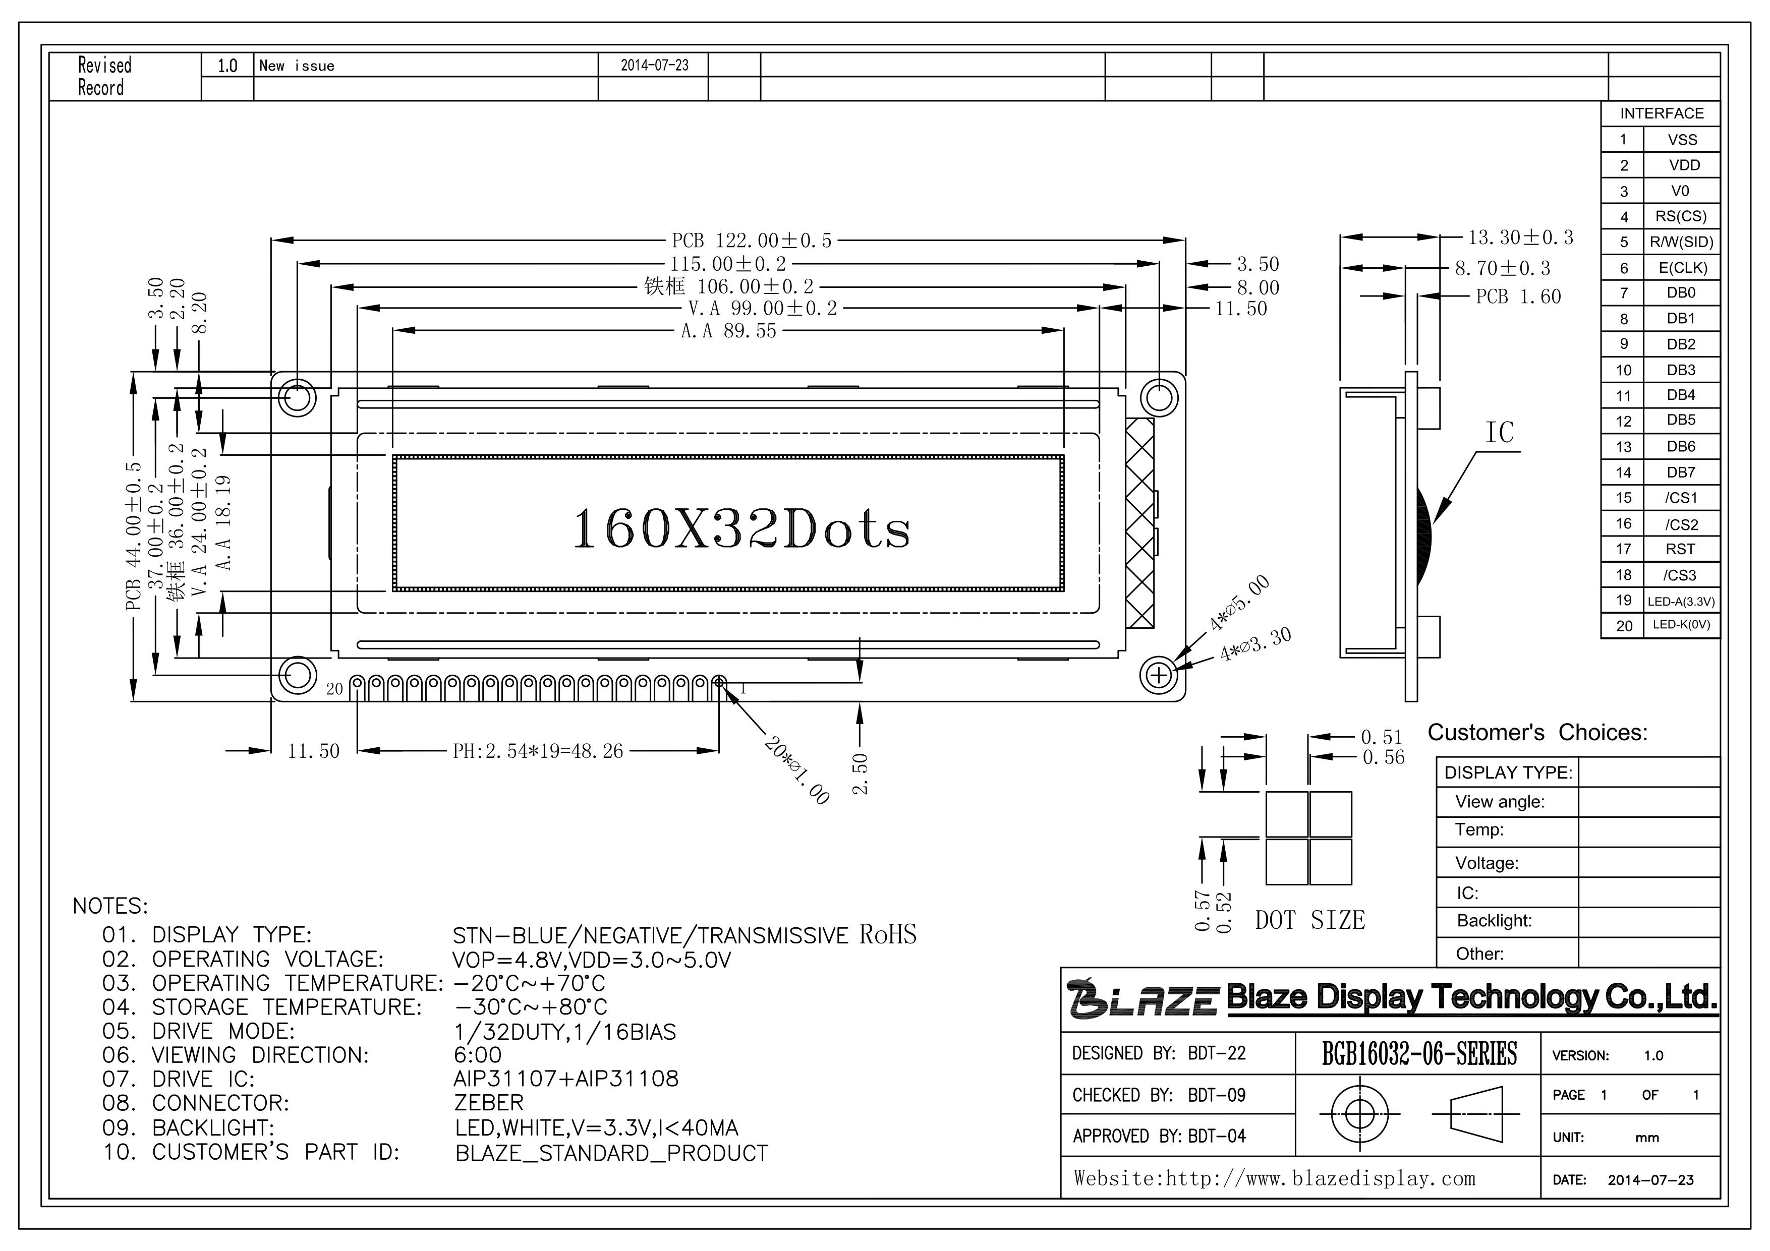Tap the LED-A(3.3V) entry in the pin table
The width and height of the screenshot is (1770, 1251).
point(1681,601)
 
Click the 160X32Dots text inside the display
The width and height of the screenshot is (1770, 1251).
point(741,529)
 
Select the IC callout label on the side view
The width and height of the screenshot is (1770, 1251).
point(1500,433)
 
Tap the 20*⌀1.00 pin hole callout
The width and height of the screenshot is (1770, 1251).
point(797,770)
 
